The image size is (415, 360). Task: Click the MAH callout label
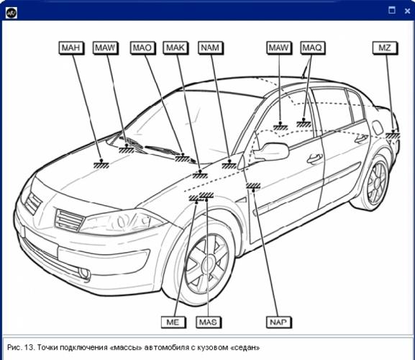(x=71, y=48)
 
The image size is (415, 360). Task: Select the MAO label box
(x=142, y=48)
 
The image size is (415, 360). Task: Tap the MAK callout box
(x=175, y=48)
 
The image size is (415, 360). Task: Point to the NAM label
(x=211, y=48)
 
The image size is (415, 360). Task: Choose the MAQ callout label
(x=313, y=48)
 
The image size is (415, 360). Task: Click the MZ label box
(x=385, y=48)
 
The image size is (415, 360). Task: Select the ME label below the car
(x=173, y=323)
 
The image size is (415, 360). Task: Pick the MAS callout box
(x=209, y=323)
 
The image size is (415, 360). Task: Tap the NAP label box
(x=278, y=323)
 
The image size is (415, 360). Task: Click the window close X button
(x=407, y=11)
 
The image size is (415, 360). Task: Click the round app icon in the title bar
(x=12, y=13)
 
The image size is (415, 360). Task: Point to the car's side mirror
(x=271, y=152)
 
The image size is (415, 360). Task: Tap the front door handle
(x=315, y=158)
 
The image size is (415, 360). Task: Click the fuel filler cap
(x=377, y=127)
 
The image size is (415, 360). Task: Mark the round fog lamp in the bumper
(x=84, y=274)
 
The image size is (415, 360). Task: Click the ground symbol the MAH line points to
(x=101, y=164)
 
